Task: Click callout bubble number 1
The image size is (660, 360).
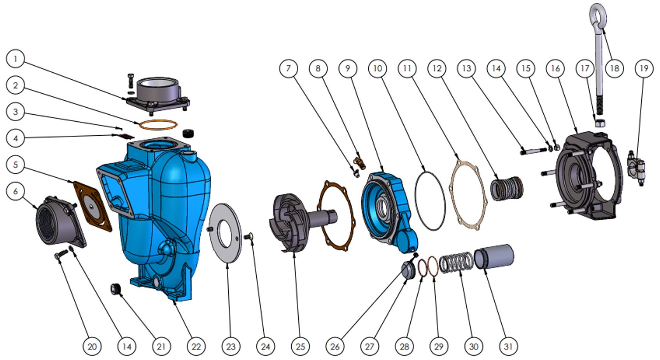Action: tap(15, 59)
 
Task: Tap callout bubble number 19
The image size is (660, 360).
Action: tap(644, 69)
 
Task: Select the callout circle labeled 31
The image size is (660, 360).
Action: tap(508, 346)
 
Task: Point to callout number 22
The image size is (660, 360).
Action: tap(196, 346)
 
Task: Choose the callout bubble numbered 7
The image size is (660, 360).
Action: tap(289, 69)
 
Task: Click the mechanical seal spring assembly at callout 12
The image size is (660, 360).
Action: tap(506, 189)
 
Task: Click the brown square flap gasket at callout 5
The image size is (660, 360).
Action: tap(93, 206)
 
